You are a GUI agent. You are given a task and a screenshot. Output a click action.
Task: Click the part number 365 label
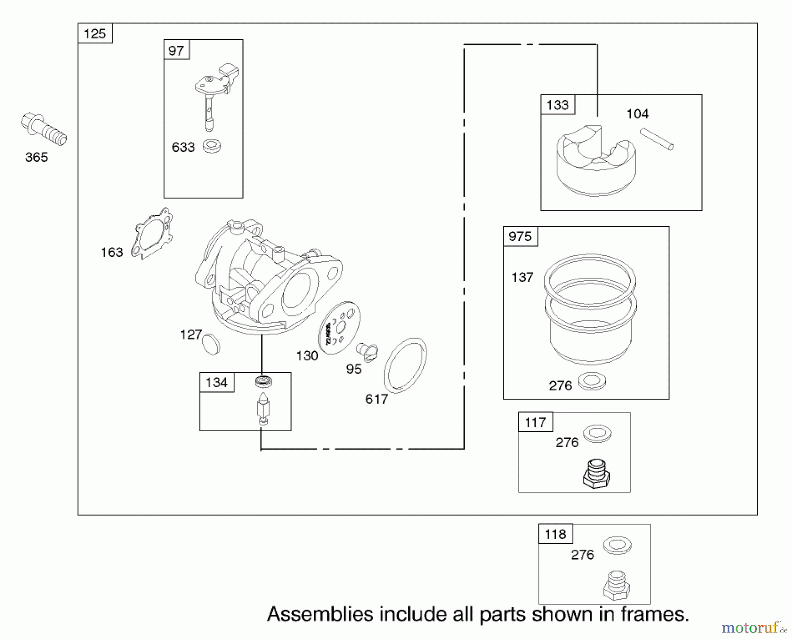pos(37,157)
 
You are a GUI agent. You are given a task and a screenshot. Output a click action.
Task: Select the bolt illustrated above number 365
pos(43,129)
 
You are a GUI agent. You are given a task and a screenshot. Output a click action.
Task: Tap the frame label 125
pos(95,34)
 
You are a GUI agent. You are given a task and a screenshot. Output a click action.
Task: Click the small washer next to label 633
pos(212,146)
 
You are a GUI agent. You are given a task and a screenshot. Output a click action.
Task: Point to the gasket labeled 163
pos(153,233)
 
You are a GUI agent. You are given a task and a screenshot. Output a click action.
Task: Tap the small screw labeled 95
pos(367,352)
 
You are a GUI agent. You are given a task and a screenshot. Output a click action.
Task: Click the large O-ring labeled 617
pos(405,365)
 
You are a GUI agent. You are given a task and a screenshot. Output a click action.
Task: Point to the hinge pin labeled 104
pos(656,139)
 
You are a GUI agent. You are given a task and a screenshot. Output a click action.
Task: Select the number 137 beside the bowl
pos(522,277)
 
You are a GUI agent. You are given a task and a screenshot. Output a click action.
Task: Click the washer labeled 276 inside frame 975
pos(592,381)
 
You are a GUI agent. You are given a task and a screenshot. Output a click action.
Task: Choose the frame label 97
pos(176,51)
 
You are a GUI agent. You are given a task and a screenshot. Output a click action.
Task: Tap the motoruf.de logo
pos(754,627)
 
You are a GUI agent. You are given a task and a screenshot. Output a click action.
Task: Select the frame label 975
pos(520,237)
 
